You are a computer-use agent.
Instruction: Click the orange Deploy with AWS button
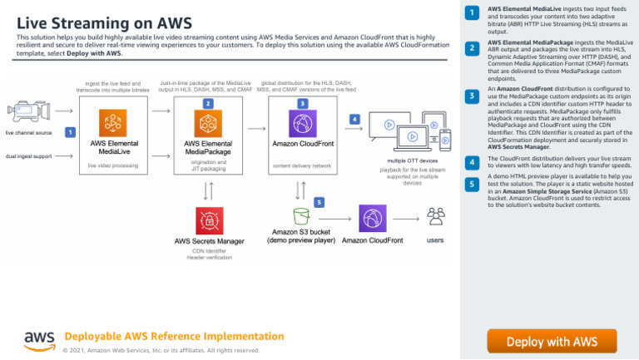coord(552,341)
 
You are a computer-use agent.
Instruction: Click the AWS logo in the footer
coord(40,340)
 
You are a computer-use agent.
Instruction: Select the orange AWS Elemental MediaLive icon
coord(113,124)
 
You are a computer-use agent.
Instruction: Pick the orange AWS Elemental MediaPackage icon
coord(207,124)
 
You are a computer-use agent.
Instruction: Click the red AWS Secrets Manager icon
coord(208,221)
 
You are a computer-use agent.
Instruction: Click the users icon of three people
coord(435,218)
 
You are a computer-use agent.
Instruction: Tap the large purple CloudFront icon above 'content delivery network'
coord(302,124)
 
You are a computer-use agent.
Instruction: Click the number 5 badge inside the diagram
coord(319,202)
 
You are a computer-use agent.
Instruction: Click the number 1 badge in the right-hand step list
coord(471,13)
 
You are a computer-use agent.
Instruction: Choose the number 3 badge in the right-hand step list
coord(471,96)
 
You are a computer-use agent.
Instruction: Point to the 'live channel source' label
coord(28,132)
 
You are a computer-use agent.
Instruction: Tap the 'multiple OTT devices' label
coord(413,160)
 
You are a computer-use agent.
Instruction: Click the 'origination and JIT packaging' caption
coord(208,165)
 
